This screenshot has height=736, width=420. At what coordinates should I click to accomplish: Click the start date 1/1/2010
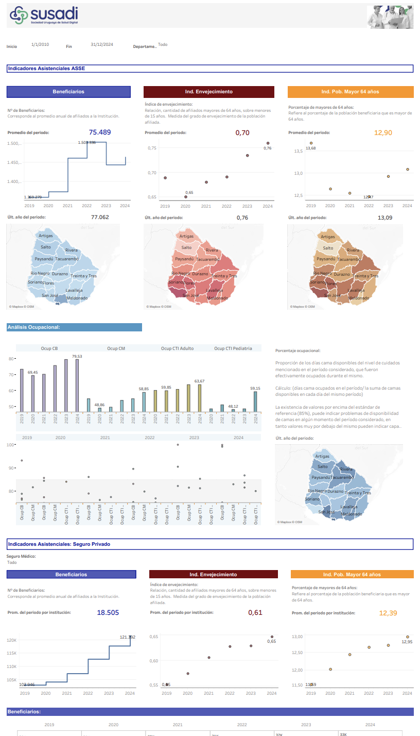[40, 45]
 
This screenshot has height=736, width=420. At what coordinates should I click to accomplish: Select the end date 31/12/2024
[101, 45]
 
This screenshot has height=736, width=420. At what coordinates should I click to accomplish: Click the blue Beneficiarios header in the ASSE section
[68, 92]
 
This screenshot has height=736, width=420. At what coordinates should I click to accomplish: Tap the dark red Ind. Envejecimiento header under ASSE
[208, 92]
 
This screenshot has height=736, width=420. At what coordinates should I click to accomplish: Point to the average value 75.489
[100, 132]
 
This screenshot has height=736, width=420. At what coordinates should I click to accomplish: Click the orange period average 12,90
[383, 132]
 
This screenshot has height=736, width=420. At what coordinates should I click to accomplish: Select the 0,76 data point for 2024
[268, 143]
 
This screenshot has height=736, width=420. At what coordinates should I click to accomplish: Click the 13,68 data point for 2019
[311, 143]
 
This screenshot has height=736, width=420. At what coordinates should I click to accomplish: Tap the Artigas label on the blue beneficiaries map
[46, 236]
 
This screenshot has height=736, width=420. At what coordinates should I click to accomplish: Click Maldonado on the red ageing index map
[217, 298]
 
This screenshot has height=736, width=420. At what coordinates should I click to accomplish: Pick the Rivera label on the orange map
[353, 250]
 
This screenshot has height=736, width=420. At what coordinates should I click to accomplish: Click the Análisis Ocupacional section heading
[74, 327]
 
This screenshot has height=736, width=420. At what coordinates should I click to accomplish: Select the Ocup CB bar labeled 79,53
[77, 386]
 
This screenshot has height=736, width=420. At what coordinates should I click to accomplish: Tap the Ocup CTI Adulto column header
[177, 348]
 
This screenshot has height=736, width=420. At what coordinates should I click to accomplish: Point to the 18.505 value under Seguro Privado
[108, 612]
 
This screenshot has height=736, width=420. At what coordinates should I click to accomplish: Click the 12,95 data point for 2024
[407, 637]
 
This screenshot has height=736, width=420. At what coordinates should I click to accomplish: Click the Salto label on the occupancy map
[322, 466]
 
